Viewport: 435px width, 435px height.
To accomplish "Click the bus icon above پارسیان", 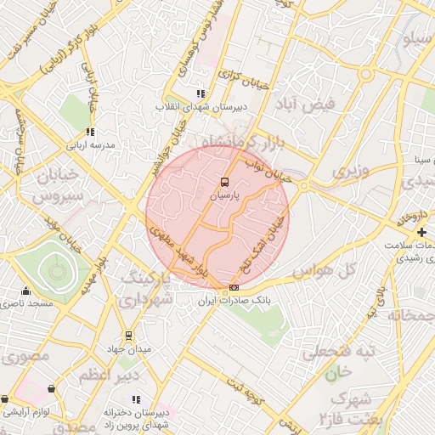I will (225, 182).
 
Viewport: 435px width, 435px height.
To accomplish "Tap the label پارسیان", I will (225, 195).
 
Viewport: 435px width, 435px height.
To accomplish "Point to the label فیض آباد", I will (307, 104).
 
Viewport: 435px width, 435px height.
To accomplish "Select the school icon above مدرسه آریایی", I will (90, 132).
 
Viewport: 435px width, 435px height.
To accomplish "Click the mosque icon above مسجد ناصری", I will (26, 291).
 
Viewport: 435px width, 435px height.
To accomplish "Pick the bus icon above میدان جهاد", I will (128, 336).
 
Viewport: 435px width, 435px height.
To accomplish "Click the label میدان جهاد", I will (128, 348).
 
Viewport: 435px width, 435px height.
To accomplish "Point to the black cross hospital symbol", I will (421, 232).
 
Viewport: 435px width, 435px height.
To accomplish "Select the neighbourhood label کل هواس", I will (323, 271).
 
